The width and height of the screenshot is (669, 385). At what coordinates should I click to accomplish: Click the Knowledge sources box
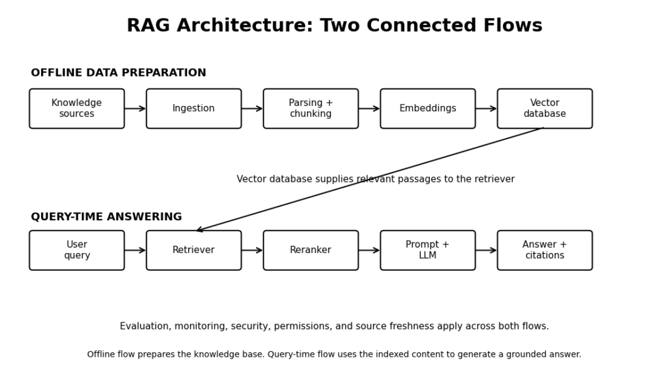[77, 109]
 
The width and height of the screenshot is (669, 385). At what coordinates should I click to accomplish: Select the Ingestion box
[193, 109]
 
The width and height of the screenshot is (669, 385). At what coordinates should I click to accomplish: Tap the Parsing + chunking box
[310, 109]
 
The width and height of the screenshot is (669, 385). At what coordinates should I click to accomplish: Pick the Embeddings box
[427, 109]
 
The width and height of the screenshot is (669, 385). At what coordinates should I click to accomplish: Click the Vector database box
[544, 109]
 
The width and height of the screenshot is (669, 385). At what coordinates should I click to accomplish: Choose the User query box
[77, 250]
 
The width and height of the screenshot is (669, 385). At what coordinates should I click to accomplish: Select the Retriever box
[193, 250]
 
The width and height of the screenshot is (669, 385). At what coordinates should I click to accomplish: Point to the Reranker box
[310, 250]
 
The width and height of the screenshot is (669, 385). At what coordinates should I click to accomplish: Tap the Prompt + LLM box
[427, 250]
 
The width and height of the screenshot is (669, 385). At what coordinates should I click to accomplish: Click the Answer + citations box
[544, 250]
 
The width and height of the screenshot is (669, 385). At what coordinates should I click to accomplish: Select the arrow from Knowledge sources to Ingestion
[135, 109]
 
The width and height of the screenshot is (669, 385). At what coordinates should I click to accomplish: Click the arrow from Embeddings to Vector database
[486, 109]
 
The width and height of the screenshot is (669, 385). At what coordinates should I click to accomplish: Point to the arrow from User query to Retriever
[135, 250]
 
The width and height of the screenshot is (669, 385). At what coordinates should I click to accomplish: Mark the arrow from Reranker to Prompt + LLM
[369, 250]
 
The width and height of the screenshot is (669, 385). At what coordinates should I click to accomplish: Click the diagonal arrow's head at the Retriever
[197, 231]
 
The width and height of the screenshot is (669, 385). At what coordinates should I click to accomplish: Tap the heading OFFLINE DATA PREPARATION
[118, 73]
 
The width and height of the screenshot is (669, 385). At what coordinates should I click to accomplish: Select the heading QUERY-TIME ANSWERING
[106, 217]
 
